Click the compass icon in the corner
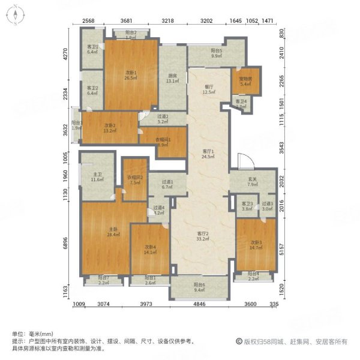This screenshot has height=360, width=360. tap(16, 16)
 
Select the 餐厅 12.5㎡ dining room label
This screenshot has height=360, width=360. tap(208, 89)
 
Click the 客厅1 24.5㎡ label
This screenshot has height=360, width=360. tap(208, 154)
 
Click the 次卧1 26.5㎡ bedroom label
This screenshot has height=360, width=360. tap(131, 75)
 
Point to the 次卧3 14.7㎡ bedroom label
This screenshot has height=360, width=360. tap(256, 245)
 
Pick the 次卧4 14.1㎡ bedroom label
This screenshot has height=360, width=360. tap(150, 250)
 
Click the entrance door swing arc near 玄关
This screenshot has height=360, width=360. tap(242, 160)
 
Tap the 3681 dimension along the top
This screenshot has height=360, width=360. tap(125, 21)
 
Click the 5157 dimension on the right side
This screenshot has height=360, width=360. tap(291, 245)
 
